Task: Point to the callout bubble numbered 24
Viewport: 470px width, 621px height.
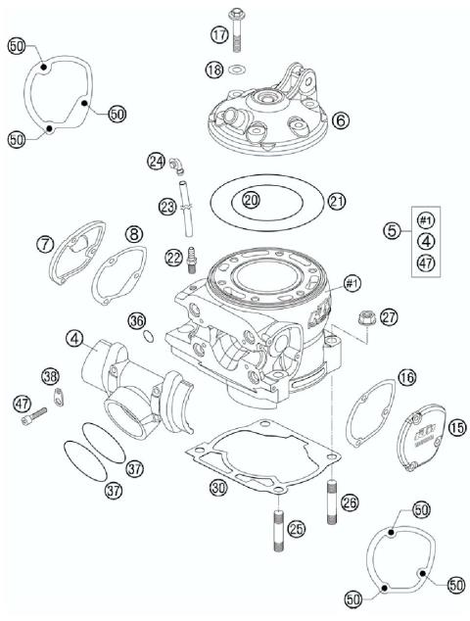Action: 155,161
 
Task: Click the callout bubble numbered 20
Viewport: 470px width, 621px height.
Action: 251,200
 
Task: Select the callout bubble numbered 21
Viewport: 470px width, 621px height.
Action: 338,202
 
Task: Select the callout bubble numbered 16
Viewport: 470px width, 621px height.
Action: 406,376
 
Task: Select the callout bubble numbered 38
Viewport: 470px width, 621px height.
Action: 49,375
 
